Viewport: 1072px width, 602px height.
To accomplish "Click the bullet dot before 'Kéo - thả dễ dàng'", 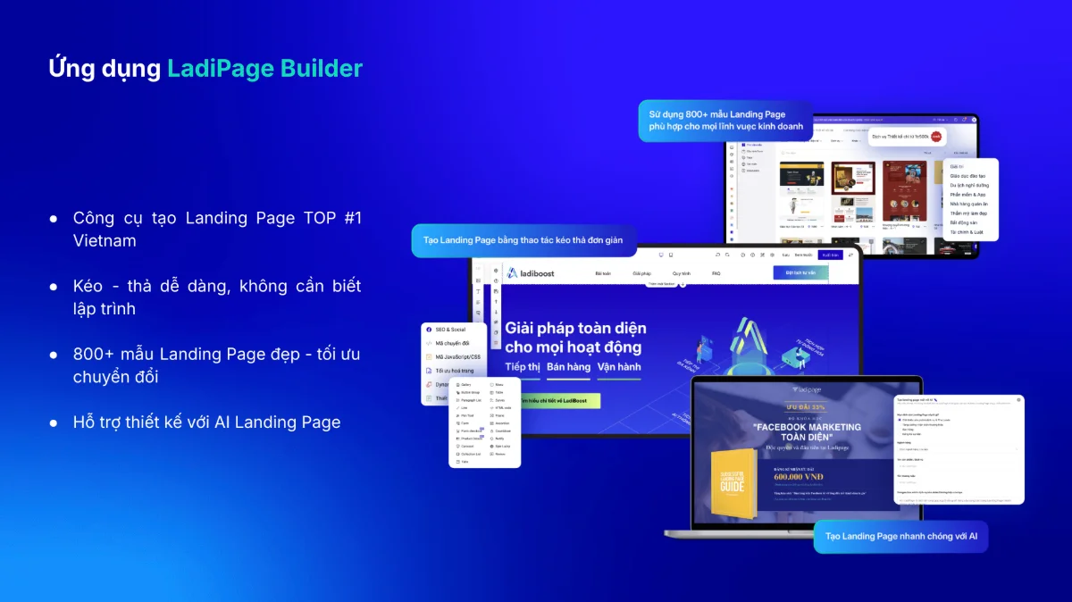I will click(54, 287).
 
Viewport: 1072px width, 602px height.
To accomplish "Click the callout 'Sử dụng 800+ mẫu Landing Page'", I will click(725, 121).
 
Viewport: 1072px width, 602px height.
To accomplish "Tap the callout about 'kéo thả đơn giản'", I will click(523, 240).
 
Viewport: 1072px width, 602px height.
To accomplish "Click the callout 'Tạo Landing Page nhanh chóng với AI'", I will click(900, 537).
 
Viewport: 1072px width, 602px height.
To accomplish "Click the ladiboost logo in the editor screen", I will click(531, 273).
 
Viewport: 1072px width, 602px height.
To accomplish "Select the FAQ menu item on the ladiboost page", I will click(716, 273).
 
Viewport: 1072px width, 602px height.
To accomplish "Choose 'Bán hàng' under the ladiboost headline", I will click(569, 367).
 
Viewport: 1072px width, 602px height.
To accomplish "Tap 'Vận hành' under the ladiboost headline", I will click(619, 367).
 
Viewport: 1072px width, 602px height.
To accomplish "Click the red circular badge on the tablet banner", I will click(935, 137).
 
